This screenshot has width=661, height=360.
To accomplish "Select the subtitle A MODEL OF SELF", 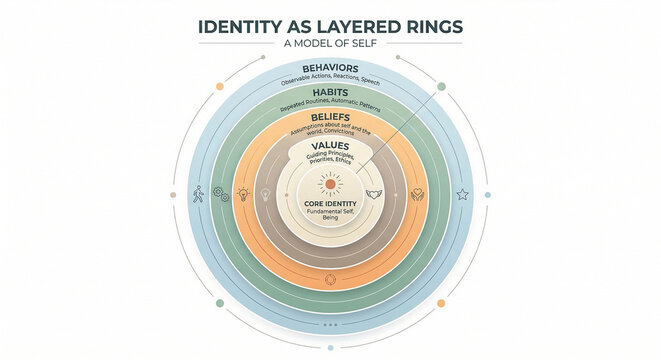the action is [x=330, y=43].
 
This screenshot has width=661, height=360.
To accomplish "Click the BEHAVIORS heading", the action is [x=329, y=68].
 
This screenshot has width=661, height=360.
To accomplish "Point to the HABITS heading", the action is [x=330, y=93].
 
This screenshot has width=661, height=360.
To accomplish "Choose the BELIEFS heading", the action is [x=329, y=118].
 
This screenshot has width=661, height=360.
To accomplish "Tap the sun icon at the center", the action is [x=329, y=184].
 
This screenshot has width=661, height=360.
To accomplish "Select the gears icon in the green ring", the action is [x=220, y=195].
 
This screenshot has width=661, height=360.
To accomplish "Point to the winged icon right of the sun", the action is [x=375, y=193].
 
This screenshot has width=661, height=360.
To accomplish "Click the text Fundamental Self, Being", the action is [x=329, y=213].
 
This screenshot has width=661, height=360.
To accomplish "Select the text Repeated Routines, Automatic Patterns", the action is [x=330, y=103].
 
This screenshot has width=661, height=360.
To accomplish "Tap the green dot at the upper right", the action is [x=442, y=85].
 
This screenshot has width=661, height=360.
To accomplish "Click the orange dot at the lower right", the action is [x=441, y=303].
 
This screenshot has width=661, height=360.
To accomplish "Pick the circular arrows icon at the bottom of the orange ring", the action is [x=330, y=280].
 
